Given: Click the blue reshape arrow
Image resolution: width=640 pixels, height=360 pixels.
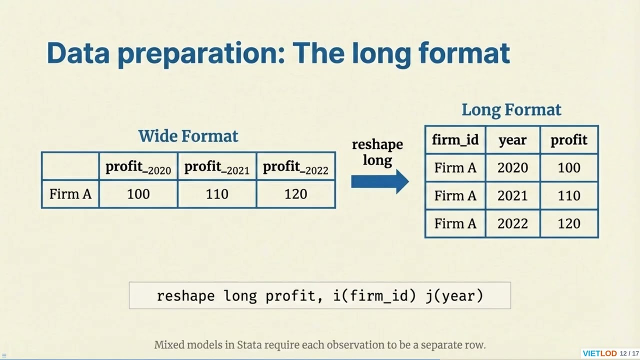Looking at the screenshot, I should coord(379,181).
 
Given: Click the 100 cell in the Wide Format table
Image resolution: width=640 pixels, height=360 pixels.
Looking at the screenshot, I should coord(138,194).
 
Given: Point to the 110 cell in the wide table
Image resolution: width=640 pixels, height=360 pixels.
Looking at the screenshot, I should coord(216,194).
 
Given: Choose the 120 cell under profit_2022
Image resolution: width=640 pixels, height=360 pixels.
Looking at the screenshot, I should coord(295,194).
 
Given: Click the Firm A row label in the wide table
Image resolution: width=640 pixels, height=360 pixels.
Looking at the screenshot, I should coord(70,194).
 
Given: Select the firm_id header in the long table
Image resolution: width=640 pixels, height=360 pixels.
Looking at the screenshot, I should coord(455,140).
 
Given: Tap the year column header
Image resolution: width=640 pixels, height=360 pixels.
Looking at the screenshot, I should coord(512,140).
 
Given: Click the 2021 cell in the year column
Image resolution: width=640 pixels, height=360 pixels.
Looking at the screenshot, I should coord(512,195).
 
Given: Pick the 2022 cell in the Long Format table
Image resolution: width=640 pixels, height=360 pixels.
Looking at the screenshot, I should coord(512,223).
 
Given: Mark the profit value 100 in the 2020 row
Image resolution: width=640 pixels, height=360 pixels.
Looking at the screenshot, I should coord(569,168).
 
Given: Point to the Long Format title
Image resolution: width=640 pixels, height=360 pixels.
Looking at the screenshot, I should coord(511,110).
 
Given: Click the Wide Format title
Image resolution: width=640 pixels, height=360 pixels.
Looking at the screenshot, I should coord(188,136).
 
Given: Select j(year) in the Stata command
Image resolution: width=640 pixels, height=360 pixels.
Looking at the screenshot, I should coord(454,295).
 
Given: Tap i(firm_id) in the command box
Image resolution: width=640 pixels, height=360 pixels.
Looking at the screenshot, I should coord(374,295).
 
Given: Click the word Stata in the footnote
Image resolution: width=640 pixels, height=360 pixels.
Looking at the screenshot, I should coord(249,345).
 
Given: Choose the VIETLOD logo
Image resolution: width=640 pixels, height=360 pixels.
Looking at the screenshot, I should coord(599,353).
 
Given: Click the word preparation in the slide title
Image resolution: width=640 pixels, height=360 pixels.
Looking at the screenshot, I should coord(200,53).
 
